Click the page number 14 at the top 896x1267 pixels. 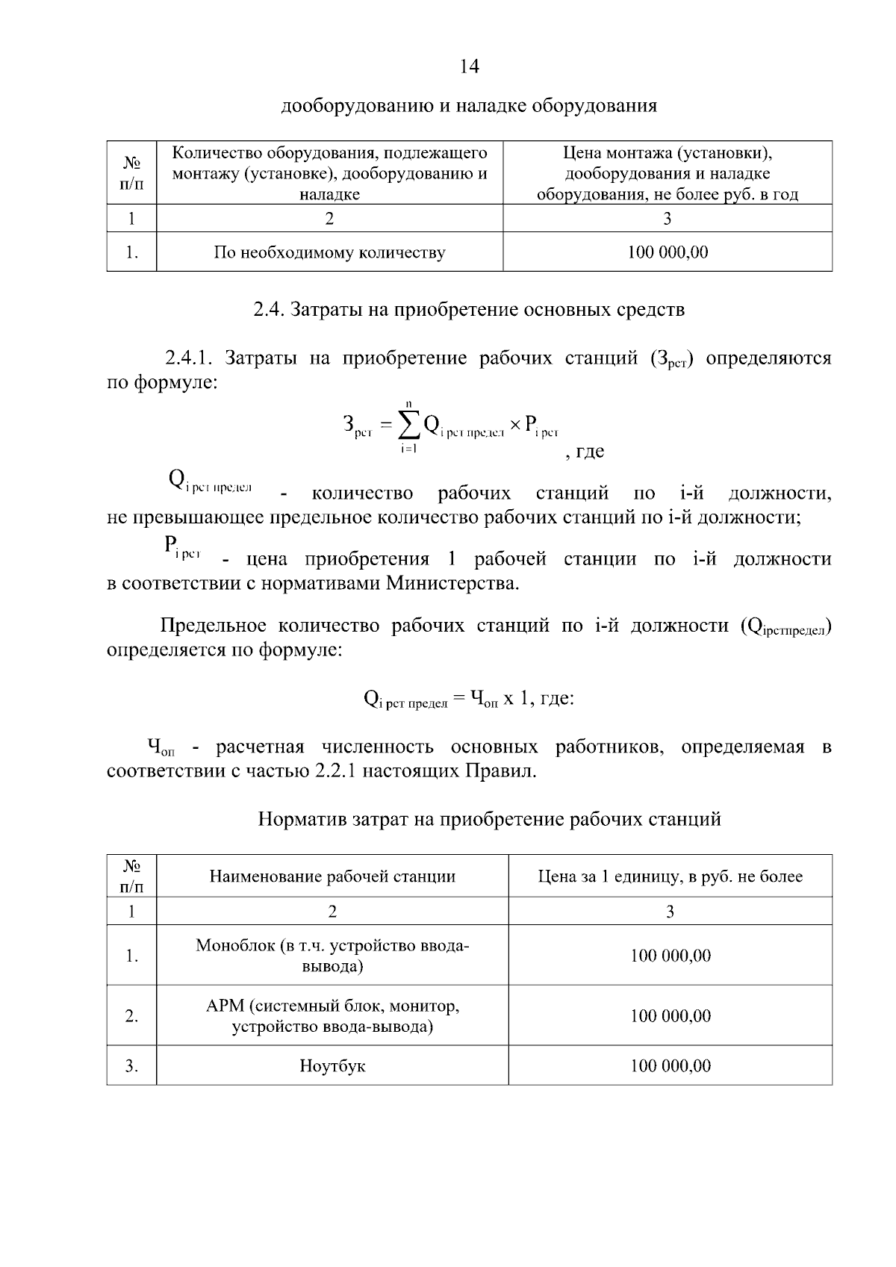pos(469,67)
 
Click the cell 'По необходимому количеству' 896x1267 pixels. pos(329,252)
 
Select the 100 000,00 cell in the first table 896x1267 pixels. pos(668,252)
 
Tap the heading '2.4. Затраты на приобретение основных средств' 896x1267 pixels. pos(469,309)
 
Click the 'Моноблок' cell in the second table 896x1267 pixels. pos(332,956)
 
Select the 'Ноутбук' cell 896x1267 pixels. pos(332,1065)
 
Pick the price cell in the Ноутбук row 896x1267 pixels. pos(670,1065)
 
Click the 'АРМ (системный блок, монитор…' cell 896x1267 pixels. pos(332,1016)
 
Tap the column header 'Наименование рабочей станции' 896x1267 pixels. pos(332,877)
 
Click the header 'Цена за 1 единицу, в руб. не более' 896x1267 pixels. pos(670,877)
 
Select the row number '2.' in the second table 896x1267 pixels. pos(131,1016)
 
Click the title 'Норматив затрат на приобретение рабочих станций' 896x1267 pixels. pos(489,819)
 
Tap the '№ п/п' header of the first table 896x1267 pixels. pos(131,172)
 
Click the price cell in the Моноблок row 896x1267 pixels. pos(670,956)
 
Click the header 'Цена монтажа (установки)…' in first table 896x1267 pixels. pos(668,173)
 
